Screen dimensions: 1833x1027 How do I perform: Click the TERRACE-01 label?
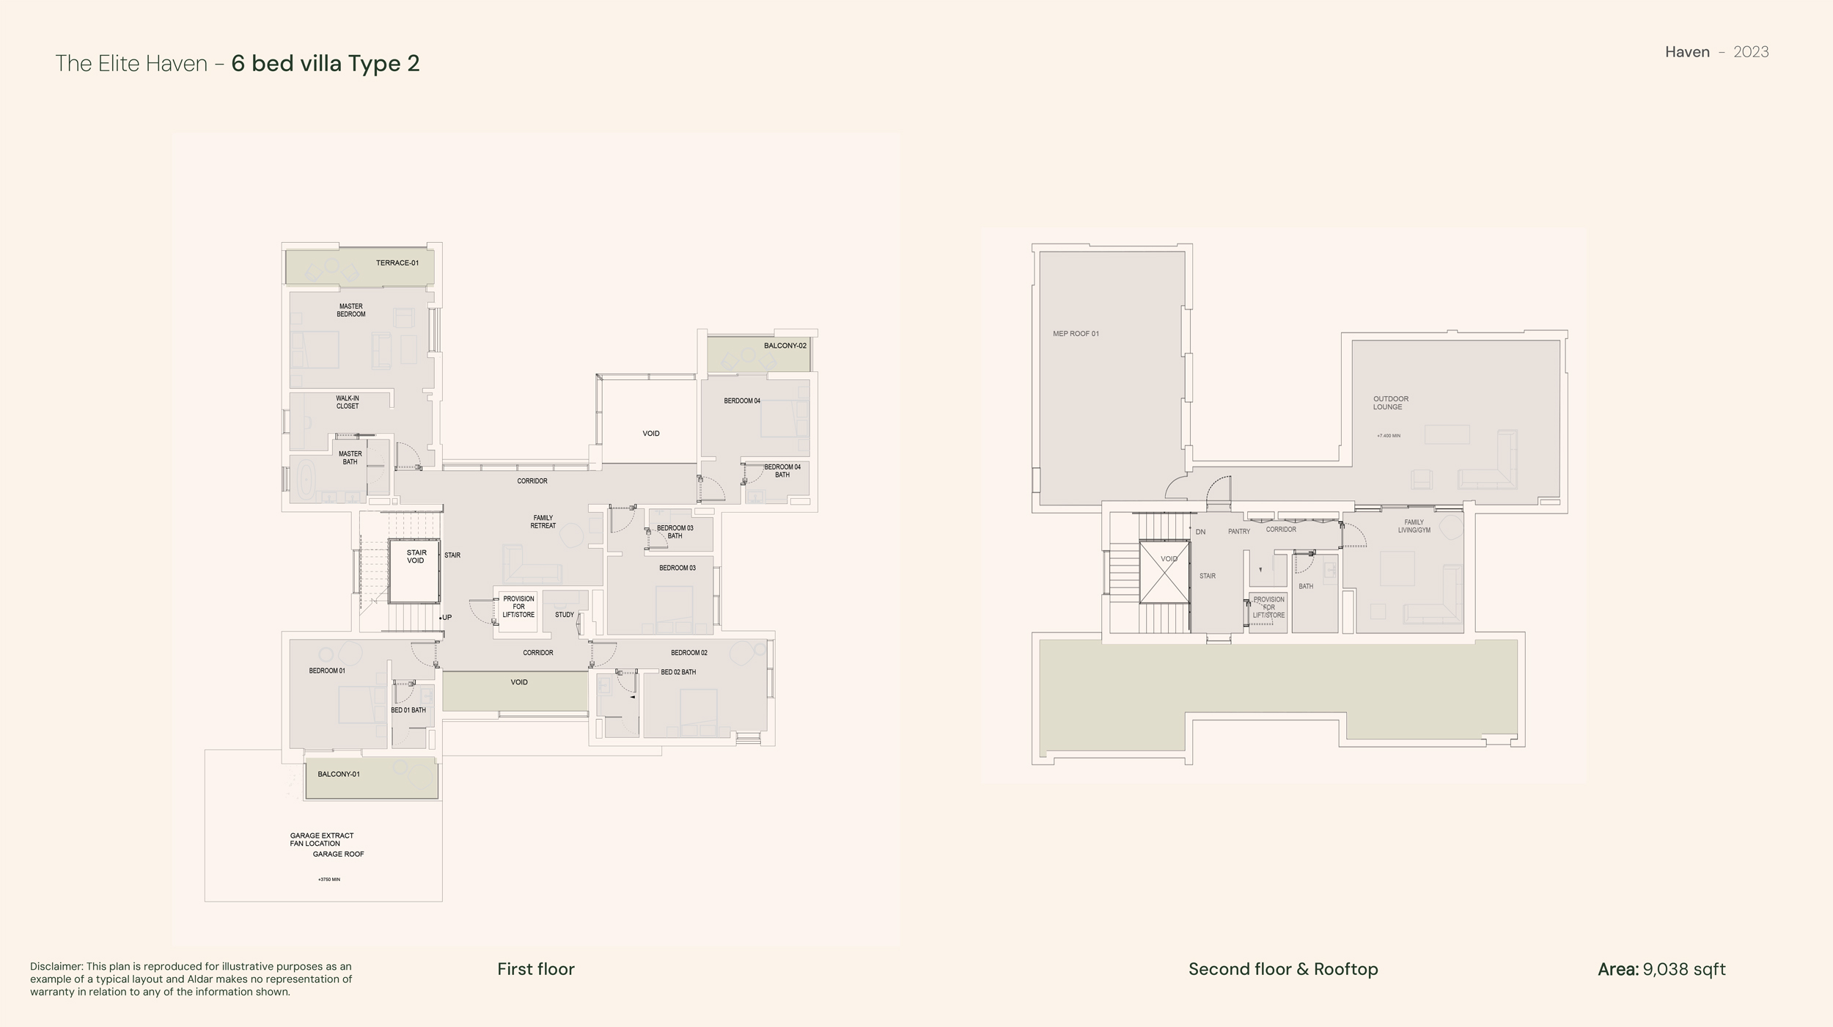(x=397, y=263)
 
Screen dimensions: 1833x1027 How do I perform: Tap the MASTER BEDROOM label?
(x=351, y=310)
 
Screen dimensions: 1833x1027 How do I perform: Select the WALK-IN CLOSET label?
(x=348, y=402)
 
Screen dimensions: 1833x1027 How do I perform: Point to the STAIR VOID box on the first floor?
(x=414, y=571)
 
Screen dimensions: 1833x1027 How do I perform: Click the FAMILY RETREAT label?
(x=543, y=522)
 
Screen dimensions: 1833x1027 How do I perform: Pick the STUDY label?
(x=565, y=615)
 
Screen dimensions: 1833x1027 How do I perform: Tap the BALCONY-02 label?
(x=785, y=346)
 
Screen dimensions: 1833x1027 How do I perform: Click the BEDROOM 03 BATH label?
(x=675, y=532)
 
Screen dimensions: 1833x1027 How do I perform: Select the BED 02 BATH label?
(x=678, y=672)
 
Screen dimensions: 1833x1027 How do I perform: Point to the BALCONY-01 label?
(x=339, y=774)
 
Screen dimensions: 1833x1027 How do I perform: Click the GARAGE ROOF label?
(x=339, y=854)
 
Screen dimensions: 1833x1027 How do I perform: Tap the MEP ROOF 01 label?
(x=1076, y=334)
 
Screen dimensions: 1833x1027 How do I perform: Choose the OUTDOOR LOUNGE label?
(x=1391, y=403)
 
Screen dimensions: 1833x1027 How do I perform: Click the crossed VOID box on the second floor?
(x=1164, y=571)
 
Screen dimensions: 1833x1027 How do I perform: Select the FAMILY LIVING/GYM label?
(x=1414, y=526)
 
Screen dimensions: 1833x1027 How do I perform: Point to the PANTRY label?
(x=1239, y=531)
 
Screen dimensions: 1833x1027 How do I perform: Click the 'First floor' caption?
(x=536, y=969)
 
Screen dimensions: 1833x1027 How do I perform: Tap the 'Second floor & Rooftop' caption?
(x=1283, y=969)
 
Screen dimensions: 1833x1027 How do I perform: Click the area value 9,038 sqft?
(x=1684, y=970)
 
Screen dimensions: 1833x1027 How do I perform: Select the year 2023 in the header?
(x=1751, y=52)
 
